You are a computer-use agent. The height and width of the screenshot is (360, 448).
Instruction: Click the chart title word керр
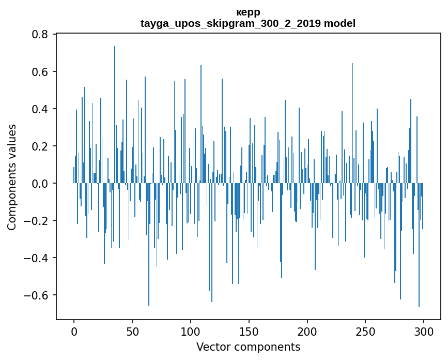pos(248,12)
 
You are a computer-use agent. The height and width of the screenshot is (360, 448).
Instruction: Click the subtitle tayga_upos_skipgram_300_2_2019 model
pos(248,23)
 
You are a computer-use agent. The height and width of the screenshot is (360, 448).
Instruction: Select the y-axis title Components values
pos(12,177)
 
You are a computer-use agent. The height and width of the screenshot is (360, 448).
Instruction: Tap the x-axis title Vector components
pos(248,347)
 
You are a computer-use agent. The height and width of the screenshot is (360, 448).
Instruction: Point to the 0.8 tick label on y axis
pos(40,34)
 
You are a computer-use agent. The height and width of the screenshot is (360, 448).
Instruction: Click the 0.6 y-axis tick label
pos(40,71)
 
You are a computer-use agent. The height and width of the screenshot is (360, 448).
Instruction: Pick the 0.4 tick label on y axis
pos(40,109)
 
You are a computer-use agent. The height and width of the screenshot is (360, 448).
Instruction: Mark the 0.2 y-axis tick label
pos(40,146)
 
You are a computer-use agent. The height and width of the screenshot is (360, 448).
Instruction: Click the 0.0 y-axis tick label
pos(40,183)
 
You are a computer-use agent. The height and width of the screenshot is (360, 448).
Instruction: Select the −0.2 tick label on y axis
pos(37,220)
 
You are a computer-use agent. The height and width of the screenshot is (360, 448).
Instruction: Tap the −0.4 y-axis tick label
pos(37,258)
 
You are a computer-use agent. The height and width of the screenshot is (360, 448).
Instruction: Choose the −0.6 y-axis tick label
pos(37,295)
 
